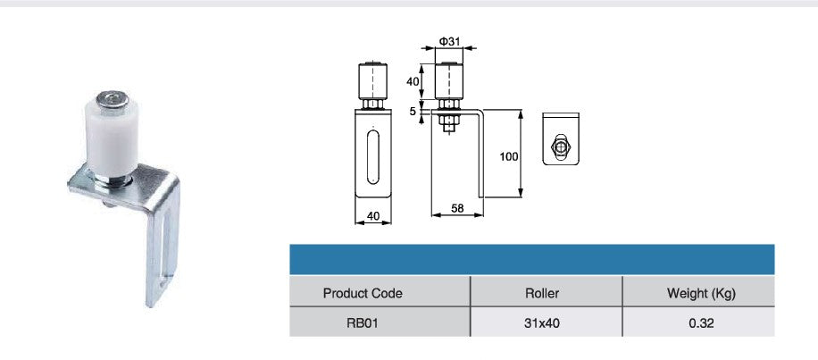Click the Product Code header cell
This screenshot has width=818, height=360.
[363, 293]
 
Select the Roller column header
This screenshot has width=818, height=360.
[546, 293]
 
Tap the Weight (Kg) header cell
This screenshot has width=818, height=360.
[700, 293]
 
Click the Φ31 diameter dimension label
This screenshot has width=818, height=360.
[450, 42]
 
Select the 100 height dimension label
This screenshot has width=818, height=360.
[508, 156]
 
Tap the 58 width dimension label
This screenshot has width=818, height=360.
[457, 207]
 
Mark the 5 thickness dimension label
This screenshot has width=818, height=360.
[413, 112]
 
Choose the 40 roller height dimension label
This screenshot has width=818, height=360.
[413, 81]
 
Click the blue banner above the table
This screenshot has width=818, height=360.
[532, 258]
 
